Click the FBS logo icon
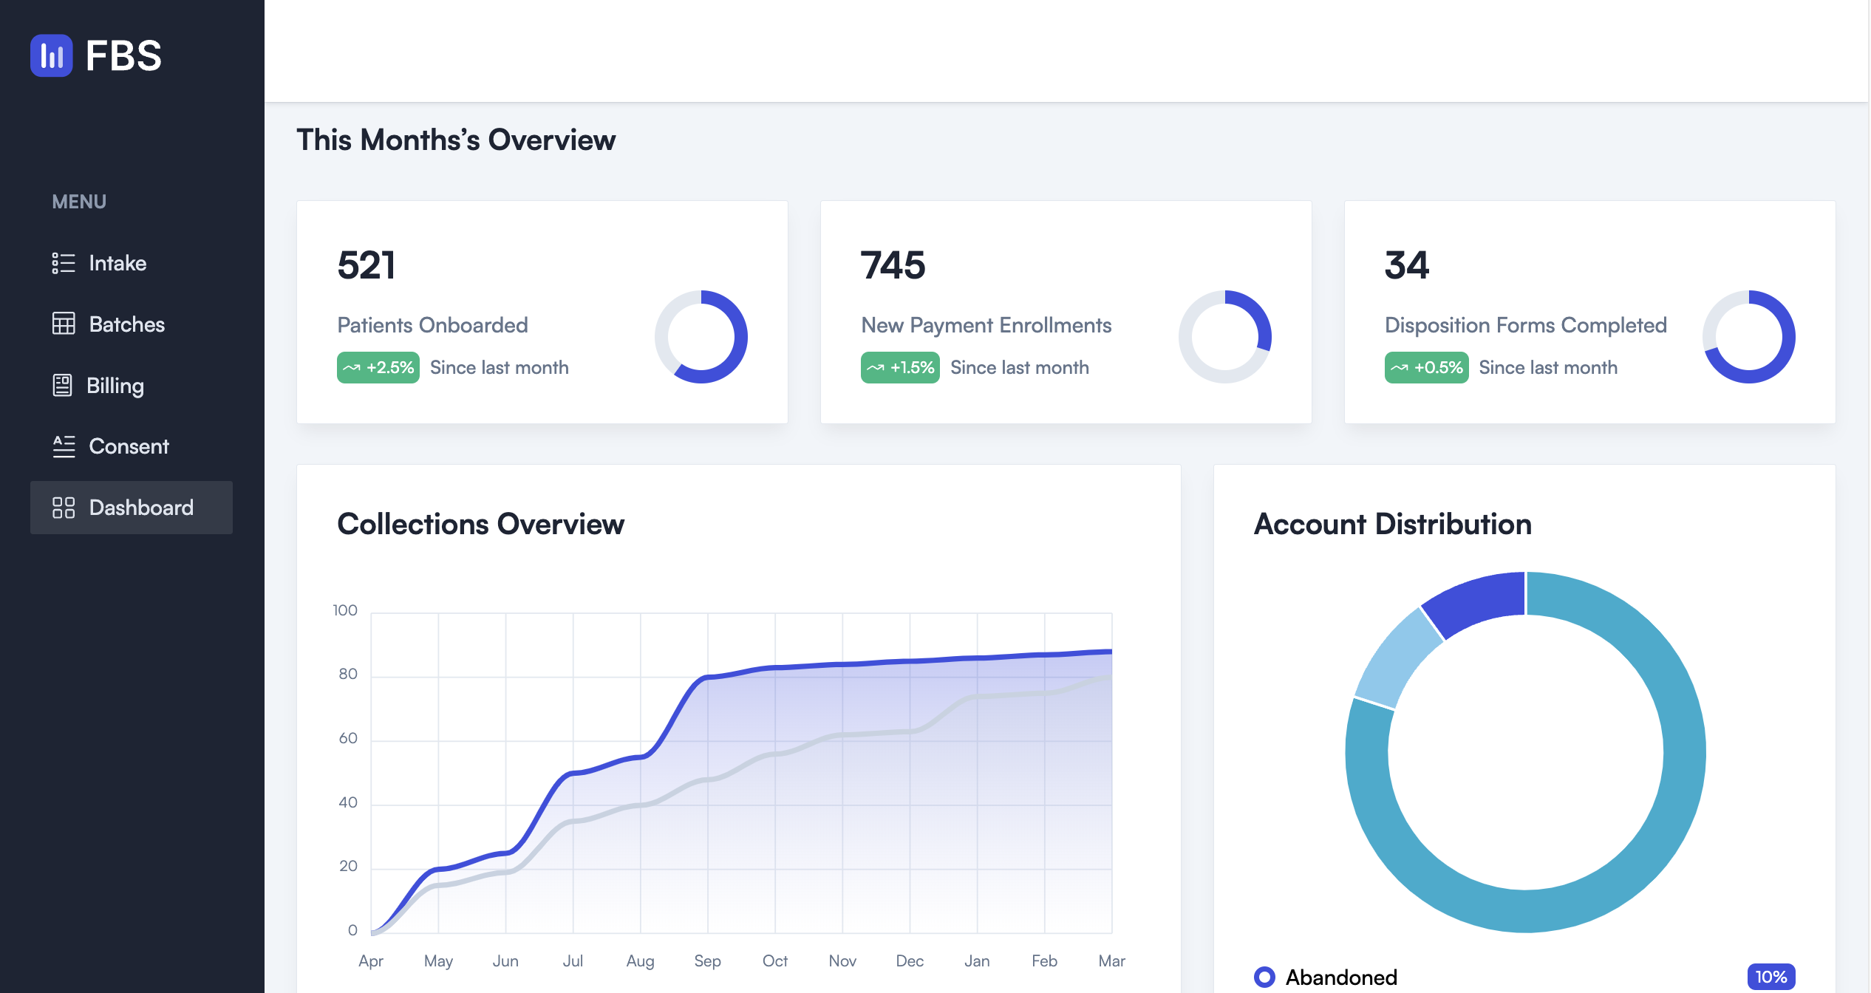pyautogui.click(x=51, y=55)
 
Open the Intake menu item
pyautogui.click(x=117, y=263)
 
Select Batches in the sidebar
pyautogui.click(x=126, y=324)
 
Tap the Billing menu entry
pyautogui.click(x=115, y=386)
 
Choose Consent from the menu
pyautogui.click(x=128, y=446)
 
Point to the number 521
pyautogui.click(x=367, y=265)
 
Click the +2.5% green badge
pyautogui.click(x=378, y=367)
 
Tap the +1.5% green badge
pyautogui.click(x=900, y=367)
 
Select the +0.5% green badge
pyautogui.click(x=1426, y=367)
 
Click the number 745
pyautogui.click(x=893, y=265)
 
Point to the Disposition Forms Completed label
pyautogui.click(x=1525, y=325)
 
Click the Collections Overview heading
pyautogui.click(x=480, y=524)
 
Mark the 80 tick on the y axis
pyautogui.click(x=348, y=674)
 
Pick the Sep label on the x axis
pyautogui.click(x=707, y=960)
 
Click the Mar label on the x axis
pyautogui.click(x=1111, y=960)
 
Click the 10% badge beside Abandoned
pyautogui.click(x=1771, y=977)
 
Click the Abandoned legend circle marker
pyautogui.click(x=1264, y=977)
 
